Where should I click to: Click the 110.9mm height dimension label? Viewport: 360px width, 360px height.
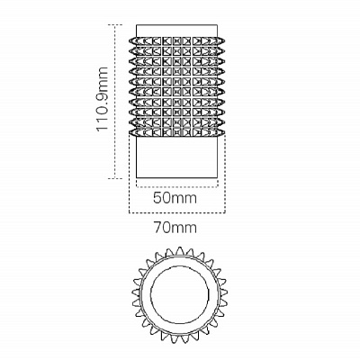[x=102, y=99]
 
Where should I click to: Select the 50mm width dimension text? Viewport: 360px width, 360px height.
[x=175, y=198]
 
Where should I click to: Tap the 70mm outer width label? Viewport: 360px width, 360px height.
[x=175, y=228]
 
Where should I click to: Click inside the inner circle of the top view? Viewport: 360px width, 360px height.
[x=180, y=294]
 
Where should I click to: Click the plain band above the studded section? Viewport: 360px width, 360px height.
[x=176, y=31]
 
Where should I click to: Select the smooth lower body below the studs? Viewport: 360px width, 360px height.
[x=176, y=157]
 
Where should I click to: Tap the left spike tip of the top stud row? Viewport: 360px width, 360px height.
[x=130, y=40]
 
